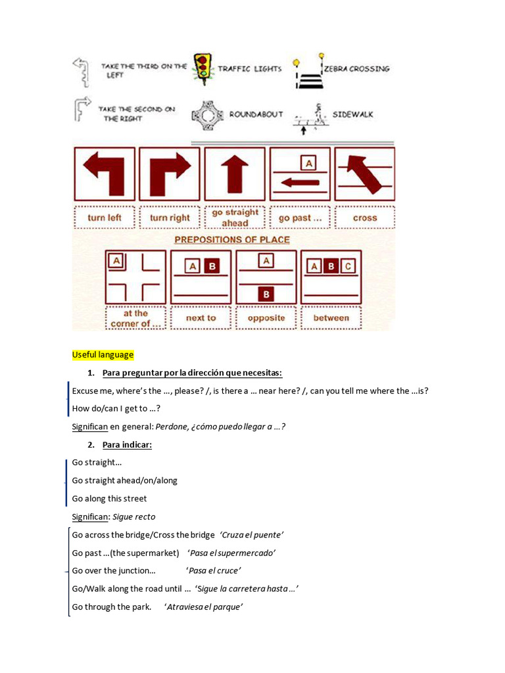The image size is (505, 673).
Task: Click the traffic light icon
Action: [x=204, y=68]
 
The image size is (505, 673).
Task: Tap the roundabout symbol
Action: [x=208, y=116]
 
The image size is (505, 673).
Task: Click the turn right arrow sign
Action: [x=169, y=174]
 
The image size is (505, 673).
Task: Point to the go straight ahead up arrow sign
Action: [x=235, y=174]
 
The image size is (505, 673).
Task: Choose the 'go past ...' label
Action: [x=300, y=218]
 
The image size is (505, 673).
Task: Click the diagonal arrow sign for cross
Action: [x=364, y=174]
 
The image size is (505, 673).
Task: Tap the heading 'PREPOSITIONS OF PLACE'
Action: [x=232, y=240]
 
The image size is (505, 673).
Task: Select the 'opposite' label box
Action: [x=266, y=318]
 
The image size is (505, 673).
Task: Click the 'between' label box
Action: [x=331, y=318]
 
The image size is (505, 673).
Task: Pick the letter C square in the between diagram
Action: [x=348, y=266]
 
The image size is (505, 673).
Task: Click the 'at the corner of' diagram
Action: [x=135, y=277]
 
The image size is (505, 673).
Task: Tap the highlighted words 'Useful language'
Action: [x=103, y=355]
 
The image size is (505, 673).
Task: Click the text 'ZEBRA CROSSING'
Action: [x=356, y=68]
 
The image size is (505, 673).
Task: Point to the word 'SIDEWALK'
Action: [x=352, y=114]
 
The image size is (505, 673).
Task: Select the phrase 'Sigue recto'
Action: [x=134, y=517]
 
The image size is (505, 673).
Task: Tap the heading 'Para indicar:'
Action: [x=127, y=445]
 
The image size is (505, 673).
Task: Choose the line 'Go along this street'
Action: [x=109, y=498]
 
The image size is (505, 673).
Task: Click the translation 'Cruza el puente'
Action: [x=252, y=534]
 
